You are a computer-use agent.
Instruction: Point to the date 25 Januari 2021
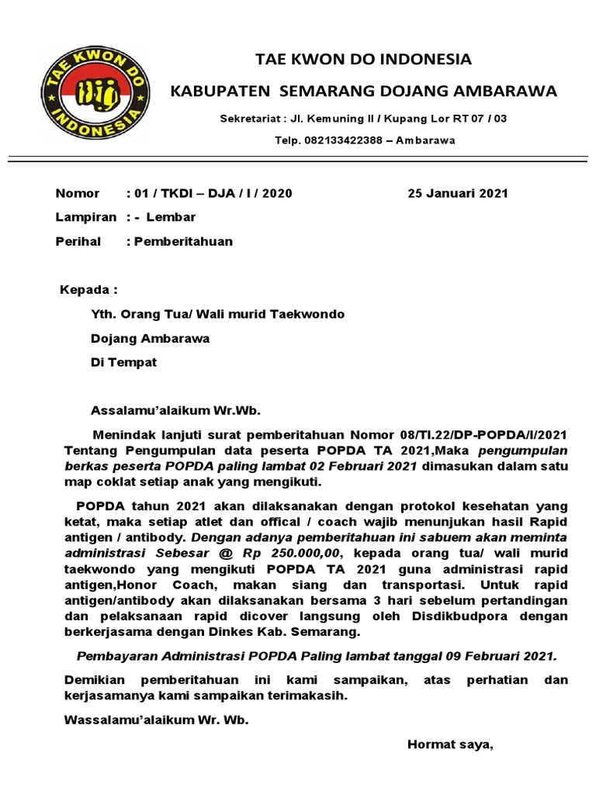tap(458, 193)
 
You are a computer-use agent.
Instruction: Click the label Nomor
tap(78, 193)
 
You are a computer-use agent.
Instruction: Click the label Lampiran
tap(85, 217)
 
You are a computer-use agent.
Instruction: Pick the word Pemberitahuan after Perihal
tap(183, 241)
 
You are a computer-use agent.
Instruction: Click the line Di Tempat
tap(123, 362)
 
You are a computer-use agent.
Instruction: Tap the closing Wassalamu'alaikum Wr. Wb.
tap(156, 720)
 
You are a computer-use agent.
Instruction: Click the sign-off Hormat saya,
tap(450, 745)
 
